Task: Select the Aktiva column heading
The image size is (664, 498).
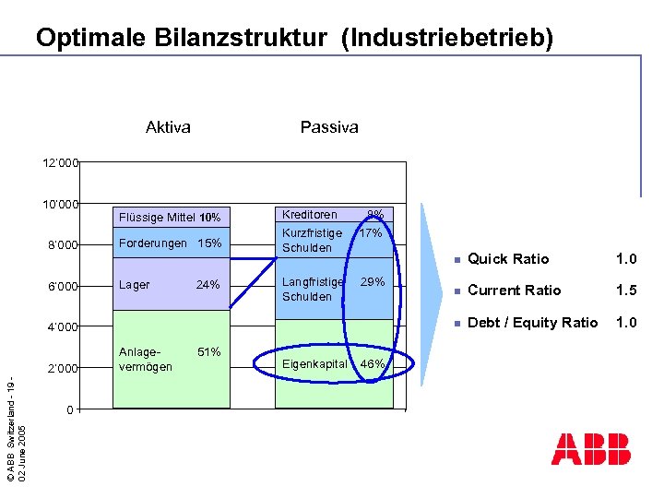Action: click(x=168, y=127)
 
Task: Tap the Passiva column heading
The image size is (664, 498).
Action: click(x=329, y=127)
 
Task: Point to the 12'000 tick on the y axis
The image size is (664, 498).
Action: click(x=61, y=163)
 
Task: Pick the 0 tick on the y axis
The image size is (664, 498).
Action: click(x=70, y=409)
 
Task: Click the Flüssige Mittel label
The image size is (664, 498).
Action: click(x=155, y=218)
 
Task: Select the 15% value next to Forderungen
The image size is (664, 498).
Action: click(x=210, y=244)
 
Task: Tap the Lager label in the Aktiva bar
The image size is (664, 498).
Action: click(x=135, y=285)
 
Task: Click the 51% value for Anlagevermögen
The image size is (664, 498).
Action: click(x=208, y=352)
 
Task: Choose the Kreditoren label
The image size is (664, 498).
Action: click(x=310, y=215)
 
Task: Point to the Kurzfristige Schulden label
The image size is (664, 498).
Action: click(x=312, y=241)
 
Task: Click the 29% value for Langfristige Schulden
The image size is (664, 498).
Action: click(x=373, y=281)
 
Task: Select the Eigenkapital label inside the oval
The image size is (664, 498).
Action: click(x=315, y=364)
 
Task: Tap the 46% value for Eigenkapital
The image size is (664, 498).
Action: click(x=372, y=365)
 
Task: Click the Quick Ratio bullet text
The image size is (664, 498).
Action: click(x=508, y=259)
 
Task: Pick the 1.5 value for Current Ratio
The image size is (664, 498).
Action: click(x=627, y=290)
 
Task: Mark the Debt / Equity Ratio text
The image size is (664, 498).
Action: click(x=532, y=322)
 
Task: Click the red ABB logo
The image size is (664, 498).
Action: click(x=591, y=448)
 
